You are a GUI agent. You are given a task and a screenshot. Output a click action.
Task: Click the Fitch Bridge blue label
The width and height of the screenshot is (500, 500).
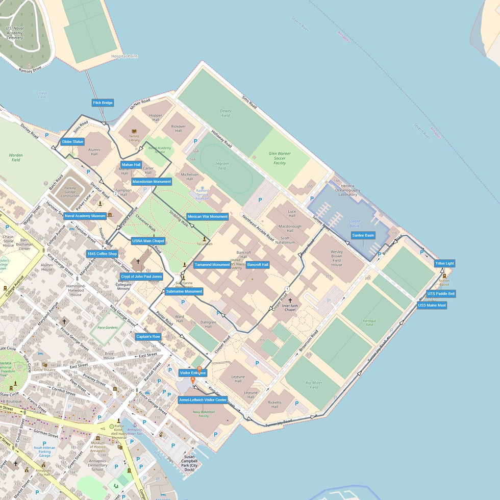[x=103, y=103]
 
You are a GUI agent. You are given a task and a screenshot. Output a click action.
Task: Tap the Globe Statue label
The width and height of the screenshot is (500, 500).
[x=72, y=141]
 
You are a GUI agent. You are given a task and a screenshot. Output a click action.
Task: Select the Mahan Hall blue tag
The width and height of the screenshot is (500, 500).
[x=131, y=165]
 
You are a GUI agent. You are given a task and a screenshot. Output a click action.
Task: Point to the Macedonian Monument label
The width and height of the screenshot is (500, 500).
[x=152, y=182]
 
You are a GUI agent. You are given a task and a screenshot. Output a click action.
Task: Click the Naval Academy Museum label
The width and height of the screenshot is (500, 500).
[x=85, y=216]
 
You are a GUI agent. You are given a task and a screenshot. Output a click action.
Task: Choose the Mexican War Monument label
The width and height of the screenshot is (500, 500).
[x=208, y=216]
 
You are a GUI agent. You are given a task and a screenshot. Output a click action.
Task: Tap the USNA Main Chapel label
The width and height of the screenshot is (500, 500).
[x=148, y=241]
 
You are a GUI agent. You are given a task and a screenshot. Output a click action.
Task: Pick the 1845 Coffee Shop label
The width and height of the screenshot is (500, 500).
[x=103, y=254]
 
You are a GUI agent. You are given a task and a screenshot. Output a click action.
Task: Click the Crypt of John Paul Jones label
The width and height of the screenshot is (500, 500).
[x=141, y=276]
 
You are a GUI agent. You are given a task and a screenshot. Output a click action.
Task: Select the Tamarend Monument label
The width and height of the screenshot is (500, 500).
[x=212, y=265]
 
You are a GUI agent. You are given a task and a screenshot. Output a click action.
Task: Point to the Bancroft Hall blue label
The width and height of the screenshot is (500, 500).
[x=258, y=265]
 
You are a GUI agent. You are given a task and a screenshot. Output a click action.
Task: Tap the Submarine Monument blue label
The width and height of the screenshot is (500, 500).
[x=184, y=291]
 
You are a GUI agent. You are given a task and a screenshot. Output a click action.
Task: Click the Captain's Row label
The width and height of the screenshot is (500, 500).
[x=148, y=337]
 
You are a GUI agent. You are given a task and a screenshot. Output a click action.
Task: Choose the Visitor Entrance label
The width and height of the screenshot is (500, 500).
[x=193, y=373]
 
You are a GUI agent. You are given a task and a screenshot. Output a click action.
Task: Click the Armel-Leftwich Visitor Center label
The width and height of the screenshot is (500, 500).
[x=203, y=400]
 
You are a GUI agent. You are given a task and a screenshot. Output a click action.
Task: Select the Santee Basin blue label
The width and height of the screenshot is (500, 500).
[x=363, y=235]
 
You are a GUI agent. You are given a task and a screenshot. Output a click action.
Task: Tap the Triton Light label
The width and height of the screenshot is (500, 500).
[x=444, y=263]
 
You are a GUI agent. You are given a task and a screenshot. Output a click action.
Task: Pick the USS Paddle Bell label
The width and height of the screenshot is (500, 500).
[x=441, y=294]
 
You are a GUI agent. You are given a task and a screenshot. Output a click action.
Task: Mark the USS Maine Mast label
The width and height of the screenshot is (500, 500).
[x=432, y=305]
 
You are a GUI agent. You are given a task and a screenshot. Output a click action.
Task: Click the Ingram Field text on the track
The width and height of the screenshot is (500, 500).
[x=222, y=166]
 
